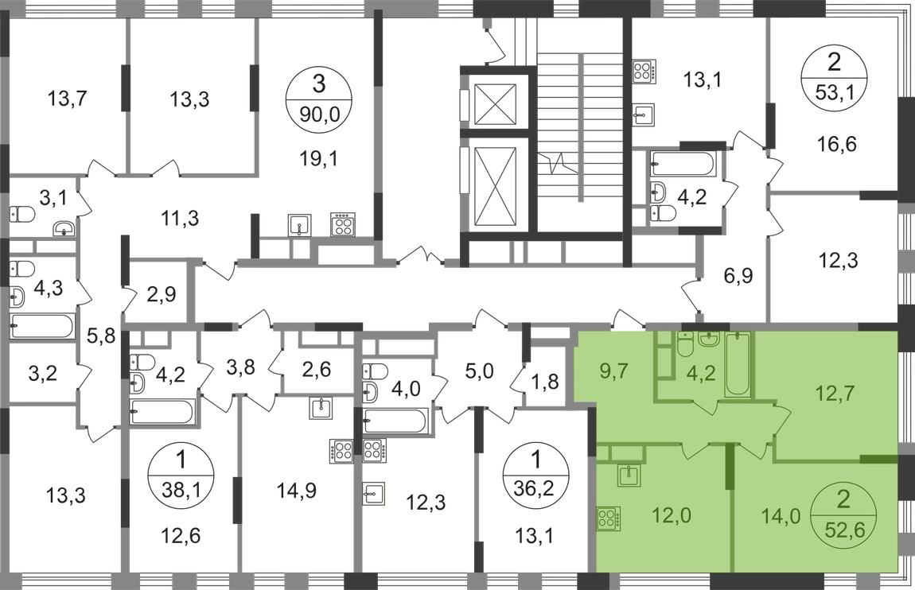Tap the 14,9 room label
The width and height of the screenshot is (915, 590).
294,491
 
